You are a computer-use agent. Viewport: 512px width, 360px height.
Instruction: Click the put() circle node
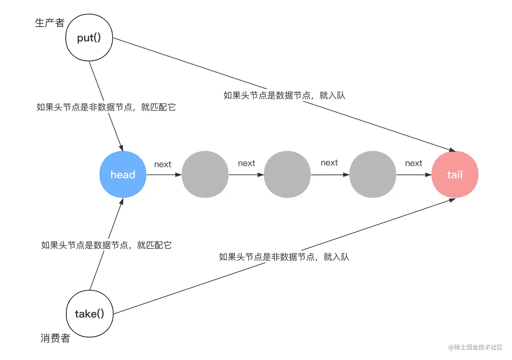[x=89, y=38]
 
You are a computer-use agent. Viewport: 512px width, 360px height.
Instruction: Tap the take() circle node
[x=89, y=314]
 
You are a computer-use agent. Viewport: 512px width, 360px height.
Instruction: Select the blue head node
[x=123, y=174]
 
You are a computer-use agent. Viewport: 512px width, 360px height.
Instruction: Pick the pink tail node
[x=455, y=174]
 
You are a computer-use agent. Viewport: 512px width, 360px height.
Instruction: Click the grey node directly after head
[x=205, y=174]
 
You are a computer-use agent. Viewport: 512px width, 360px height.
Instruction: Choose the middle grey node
[x=287, y=174]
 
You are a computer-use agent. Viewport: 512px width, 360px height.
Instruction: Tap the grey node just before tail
[x=372, y=174]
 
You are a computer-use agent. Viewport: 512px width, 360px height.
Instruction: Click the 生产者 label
[x=49, y=23]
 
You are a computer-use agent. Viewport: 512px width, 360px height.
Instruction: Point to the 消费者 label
[x=55, y=338]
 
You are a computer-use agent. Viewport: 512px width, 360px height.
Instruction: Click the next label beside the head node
[x=163, y=165]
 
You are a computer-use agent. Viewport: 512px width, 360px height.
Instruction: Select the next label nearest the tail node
[x=413, y=164]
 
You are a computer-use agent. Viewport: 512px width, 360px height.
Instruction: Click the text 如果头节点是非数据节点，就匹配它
[x=106, y=107]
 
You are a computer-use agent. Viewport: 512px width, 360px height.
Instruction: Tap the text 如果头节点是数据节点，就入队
[x=284, y=96]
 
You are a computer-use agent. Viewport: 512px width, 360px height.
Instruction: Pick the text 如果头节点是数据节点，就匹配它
[x=106, y=245]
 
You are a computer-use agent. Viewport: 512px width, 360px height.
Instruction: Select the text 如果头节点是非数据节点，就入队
[x=284, y=257]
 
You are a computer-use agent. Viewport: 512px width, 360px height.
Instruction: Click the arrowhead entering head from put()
[x=121, y=148]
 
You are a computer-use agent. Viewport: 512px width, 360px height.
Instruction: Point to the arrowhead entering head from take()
[x=121, y=202]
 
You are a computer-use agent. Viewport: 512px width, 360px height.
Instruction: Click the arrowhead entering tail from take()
[x=452, y=200]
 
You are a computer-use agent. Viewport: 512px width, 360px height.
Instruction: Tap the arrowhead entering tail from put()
[x=452, y=149]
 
